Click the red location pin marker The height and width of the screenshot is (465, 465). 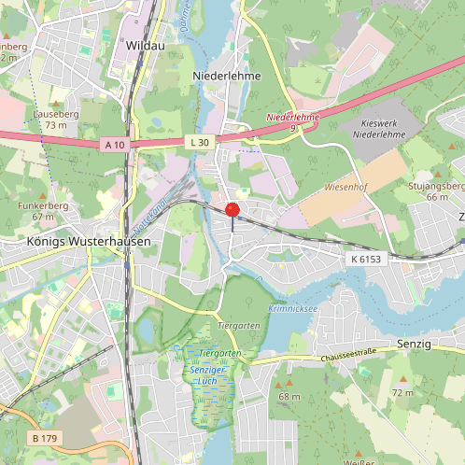pyautogui.click(x=232, y=210)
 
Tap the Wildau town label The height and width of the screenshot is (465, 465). pyautogui.click(x=148, y=44)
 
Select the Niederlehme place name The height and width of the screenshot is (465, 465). pyautogui.click(x=226, y=75)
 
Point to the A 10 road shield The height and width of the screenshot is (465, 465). pyautogui.click(x=115, y=144)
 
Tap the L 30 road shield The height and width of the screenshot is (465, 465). pyautogui.click(x=198, y=141)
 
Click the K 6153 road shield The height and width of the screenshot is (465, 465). pyautogui.click(x=367, y=258)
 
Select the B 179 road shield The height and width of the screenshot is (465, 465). pyautogui.click(x=45, y=438)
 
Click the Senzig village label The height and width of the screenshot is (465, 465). pyautogui.click(x=415, y=345)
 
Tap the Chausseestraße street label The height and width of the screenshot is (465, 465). pyautogui.click(x=348, y=357)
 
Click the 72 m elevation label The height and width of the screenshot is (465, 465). pyautogui.click(x=402, y=392)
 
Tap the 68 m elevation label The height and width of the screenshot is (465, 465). pyautogui.click(x=289, y=396)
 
